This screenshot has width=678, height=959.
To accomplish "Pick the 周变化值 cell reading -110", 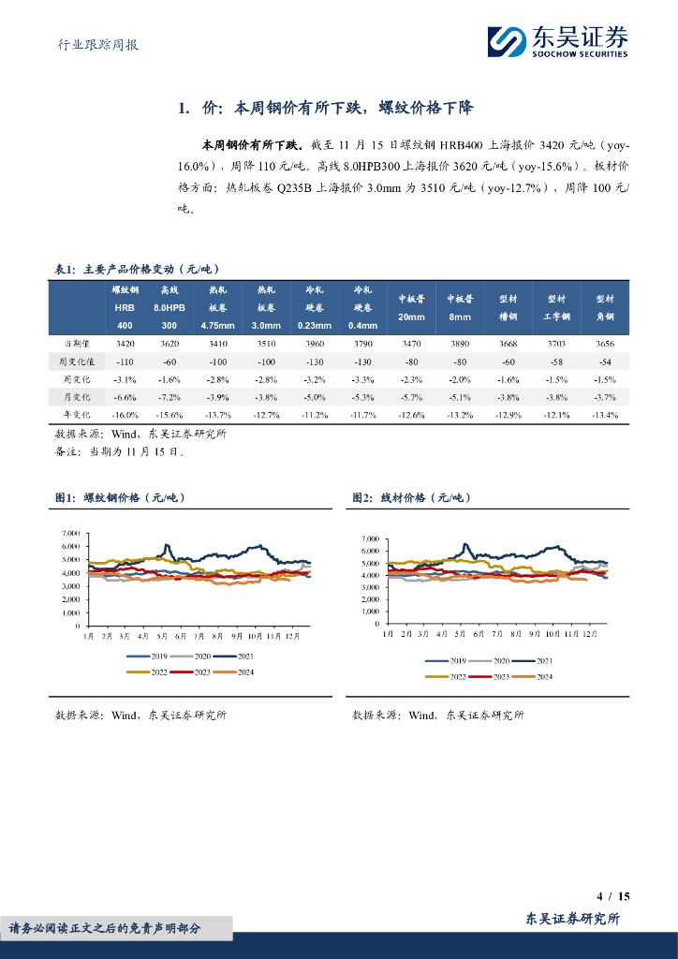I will (x=125, y=361).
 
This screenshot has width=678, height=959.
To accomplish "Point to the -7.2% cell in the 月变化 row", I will (x=169, y=397).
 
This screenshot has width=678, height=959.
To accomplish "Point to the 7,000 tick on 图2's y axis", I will (x=368, y=539).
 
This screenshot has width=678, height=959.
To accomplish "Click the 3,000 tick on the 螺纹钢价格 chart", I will (x=69, y=586).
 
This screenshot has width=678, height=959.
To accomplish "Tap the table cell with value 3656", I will (x=605, y=344).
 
